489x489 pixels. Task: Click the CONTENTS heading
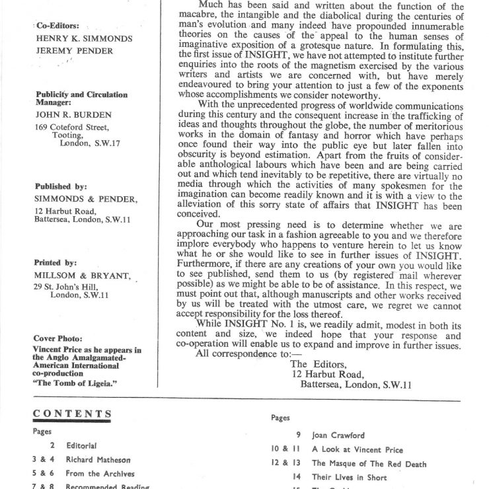72,414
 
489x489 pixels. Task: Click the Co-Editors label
54,26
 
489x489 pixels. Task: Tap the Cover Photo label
58,338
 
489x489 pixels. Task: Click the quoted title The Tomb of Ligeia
75,383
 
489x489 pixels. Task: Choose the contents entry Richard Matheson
98,459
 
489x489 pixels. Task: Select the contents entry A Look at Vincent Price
357,450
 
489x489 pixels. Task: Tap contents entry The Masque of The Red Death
369,464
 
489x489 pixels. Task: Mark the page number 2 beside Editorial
52,446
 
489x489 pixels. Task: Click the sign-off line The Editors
317,363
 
